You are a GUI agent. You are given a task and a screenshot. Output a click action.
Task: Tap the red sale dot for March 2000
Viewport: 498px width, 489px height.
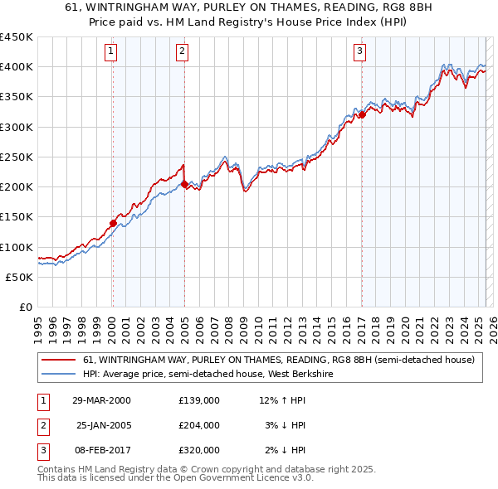[x=113, y=223]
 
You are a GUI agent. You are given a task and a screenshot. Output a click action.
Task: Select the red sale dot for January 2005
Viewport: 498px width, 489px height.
[x=184, y=184]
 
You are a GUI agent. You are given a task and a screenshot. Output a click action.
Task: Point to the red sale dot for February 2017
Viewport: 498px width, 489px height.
[x=362, y=115]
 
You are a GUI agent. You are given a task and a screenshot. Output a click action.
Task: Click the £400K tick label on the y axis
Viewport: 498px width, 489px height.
[x=16, y=67]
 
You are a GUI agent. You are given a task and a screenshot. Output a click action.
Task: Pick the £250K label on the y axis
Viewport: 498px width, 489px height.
[x=16, y=157]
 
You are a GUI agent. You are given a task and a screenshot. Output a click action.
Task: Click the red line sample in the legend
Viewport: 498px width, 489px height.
[x=58, y=361]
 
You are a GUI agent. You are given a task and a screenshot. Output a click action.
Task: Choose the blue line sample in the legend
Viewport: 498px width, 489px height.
[x=58, y=375]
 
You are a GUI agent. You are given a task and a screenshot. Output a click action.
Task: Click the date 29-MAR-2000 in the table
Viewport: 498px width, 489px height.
[x=101, y=400]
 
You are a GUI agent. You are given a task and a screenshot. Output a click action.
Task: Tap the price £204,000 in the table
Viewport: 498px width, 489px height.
[x=199, y=425]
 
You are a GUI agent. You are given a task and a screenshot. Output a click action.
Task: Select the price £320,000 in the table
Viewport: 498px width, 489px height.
[x=199, y=450]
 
